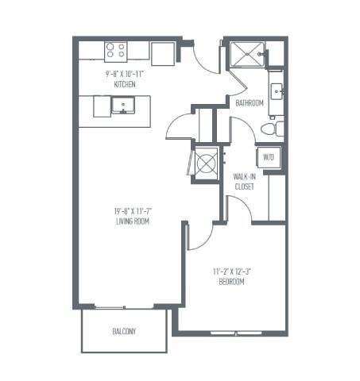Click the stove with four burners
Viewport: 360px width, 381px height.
pyautogui.click(x=116, y=51)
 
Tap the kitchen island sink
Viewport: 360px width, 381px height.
pyautogui.click(x=122, y=106)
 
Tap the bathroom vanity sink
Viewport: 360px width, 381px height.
pyautogui.click(x=277, y=91)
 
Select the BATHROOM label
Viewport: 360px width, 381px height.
pyautogui.click(x=250, y=103)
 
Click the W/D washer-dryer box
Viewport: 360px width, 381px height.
pyautogui.click(x=267, y=158)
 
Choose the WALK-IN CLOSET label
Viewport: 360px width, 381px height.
pyautogui.click(x=244, y=181)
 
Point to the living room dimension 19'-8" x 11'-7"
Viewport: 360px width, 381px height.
pyautogui.click(x=132, y=211)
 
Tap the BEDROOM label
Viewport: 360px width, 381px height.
pyautogui.click(x=232, y=281)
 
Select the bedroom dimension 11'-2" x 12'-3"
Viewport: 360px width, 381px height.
pyautogui.click(x=232, y=271)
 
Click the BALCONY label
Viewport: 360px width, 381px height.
pyautogui.click(x=122, y=331)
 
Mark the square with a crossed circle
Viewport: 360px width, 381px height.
pyautogui.click(x=207, y=164)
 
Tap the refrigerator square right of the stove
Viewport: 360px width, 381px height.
pyautogui.click(x=163, y=52)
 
